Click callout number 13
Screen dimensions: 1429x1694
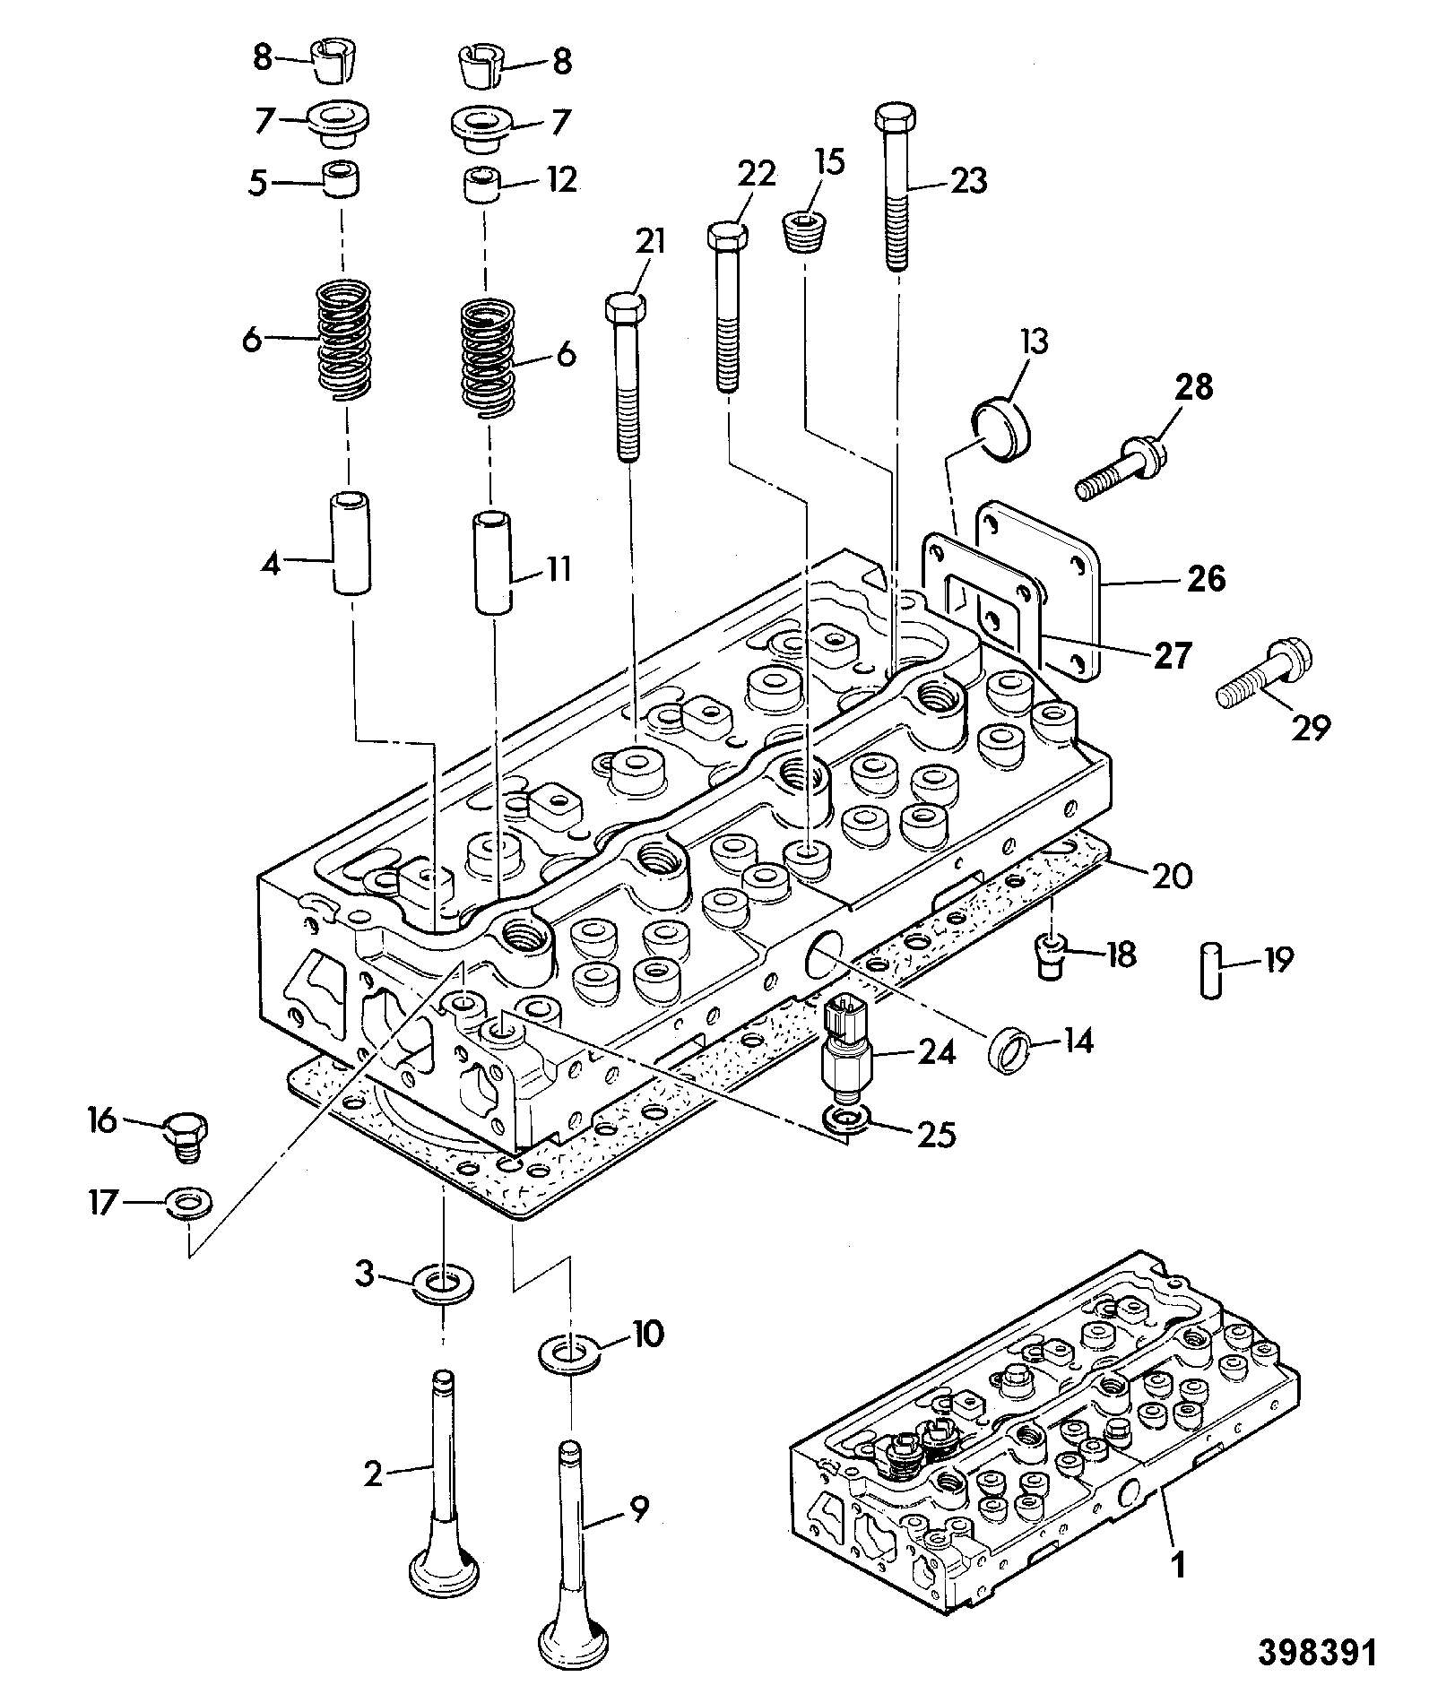1033,341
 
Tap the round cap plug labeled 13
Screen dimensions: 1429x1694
1001,431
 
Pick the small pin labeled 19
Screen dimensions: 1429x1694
1209,968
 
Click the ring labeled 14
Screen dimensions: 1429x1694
1011,1050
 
